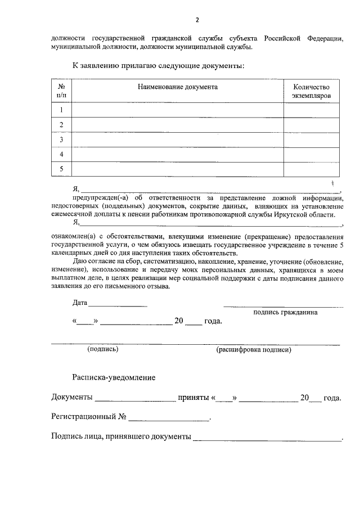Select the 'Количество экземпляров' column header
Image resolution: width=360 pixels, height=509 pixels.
pos(311,91)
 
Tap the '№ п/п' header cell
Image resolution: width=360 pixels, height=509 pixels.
pos(61,91)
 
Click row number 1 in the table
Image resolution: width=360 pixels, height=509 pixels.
pos(61,110)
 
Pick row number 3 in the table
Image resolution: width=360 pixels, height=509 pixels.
pos(61,139)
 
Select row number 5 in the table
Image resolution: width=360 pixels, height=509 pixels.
pos(61,169)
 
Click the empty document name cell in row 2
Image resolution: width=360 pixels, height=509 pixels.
pos(177,125)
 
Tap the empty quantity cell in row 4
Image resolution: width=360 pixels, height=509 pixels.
pos(311,154)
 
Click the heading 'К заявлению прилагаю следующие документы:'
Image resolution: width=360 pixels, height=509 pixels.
pos(158,66)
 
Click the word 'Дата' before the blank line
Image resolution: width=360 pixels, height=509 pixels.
pos(80,303)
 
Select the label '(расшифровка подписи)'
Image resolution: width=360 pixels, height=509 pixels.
pos(253,349)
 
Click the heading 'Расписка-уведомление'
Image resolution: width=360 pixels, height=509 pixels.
pos(114,377)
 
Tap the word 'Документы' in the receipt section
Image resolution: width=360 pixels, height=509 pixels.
pos(72,398)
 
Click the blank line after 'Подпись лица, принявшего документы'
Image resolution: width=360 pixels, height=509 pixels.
pos(267,437)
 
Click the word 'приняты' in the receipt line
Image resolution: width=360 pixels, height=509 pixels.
pos(193,398)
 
